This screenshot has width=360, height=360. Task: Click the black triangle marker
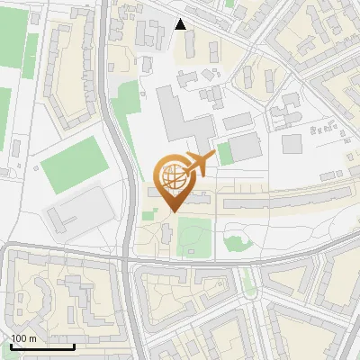181,24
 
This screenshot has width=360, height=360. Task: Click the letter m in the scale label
32,338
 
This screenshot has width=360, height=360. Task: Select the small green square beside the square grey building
225,154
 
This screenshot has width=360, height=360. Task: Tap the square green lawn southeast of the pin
195,236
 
